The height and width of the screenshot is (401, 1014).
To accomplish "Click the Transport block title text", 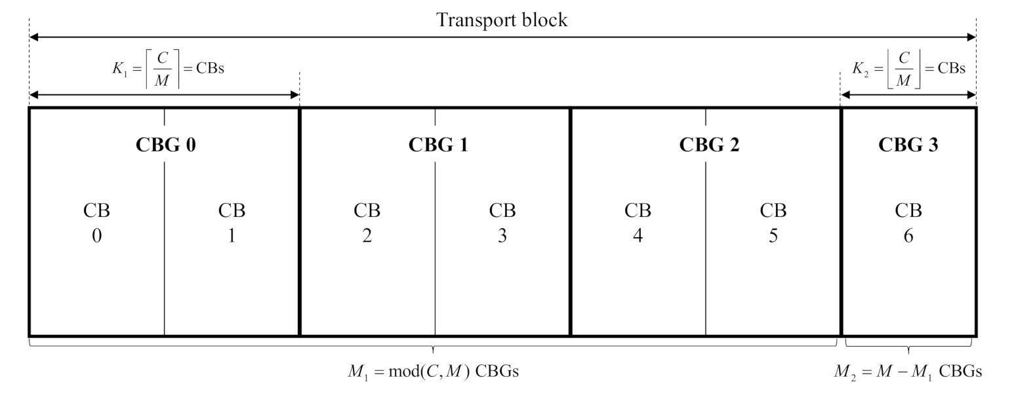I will click(502, 20).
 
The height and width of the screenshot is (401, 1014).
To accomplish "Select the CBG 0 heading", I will click(165, 145).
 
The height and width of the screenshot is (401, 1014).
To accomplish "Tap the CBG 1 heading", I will click(438, 145).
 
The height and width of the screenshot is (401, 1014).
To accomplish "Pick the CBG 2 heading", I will click(708, 145).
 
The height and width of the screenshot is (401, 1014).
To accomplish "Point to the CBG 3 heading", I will click(908, 145).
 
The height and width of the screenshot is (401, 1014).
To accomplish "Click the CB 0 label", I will click(96, 223).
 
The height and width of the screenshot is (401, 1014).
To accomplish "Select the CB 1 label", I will click(232, 223).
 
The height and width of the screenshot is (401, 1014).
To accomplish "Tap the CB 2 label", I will click(367, 223).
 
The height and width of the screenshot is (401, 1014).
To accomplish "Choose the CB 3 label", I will click(502, 223).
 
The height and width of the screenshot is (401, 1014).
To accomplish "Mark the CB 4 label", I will click(638, 223).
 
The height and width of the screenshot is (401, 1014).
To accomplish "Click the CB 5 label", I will click(773, 223).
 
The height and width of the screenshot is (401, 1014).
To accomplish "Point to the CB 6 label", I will click(908, 223).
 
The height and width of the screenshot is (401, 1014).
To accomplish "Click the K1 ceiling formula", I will click(167, 68).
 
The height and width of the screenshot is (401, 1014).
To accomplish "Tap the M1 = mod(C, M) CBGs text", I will click(433, 372).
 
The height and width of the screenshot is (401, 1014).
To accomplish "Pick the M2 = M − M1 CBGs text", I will click(908, 372).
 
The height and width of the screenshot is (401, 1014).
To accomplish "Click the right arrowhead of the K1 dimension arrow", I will click(294, 95).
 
